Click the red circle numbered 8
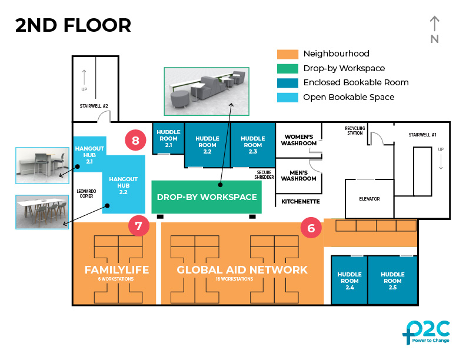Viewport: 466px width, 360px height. pyautogui.click(x=136, y=141)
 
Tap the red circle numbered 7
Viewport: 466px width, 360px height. pyautogui.click(x=138, y=226)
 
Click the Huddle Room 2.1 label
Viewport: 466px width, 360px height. pyautogui.click(x=168, y=138)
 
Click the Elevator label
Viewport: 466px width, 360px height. pyautogui.click(x=369, y=199)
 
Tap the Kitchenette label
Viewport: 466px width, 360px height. pyautogui.click(x=300, y=201)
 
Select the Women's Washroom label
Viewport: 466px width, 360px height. pyautogui.click(x=299, y=139)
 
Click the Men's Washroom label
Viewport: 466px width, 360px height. pyautogui.click(x=299, y=175)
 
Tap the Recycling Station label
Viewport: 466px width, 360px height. pyautogui.click(x=355, y=130)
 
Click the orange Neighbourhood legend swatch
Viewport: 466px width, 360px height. pyautogui.click(x=288, y=54)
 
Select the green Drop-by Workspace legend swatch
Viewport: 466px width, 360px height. pyautogui.click(x=288, y=68)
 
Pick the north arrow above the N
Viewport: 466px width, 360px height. pyautogui.click(x=434, y=24)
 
